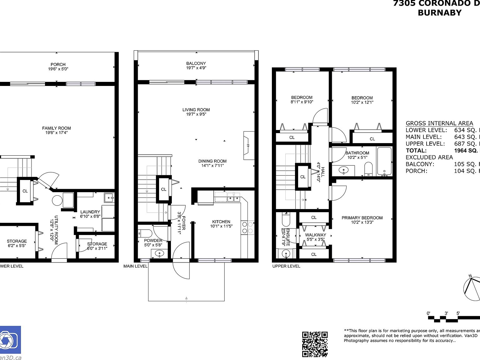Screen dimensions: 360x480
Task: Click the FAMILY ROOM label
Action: [56, 128]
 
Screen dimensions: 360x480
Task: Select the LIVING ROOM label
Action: [196, 110]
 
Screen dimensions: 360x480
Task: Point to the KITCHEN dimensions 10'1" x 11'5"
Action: [221, 226]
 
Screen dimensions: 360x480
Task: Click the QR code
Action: [315, 344]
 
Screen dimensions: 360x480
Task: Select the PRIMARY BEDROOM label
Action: [362, 218]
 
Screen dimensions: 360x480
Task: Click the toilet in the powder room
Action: [145, 233]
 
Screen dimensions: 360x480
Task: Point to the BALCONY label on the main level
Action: [196, 63]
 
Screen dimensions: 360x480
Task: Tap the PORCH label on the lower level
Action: [58, 64]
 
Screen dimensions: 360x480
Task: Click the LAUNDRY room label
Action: [90, 212]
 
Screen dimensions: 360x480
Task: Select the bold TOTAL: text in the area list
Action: [416, 151]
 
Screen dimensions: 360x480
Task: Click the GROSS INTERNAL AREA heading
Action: [439, 123]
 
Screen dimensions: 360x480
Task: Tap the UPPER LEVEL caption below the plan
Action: [286, 266]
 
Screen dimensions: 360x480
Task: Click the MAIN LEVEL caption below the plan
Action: [135, 266]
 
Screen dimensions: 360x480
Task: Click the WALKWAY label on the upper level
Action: [315, 235]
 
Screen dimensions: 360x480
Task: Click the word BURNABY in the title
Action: [439, 13]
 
